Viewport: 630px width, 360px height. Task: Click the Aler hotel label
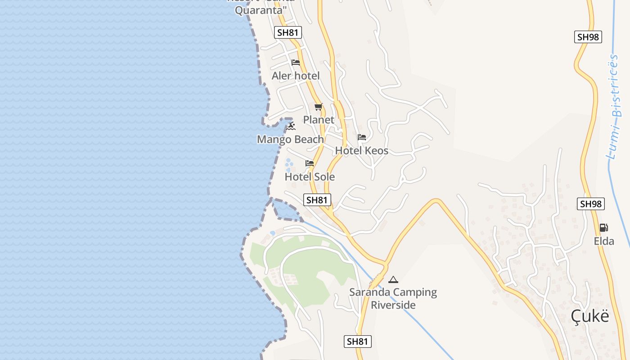click(x=296, y=76)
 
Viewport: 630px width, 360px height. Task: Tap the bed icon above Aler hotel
click(x=296, y=63)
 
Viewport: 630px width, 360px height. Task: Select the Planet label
click(x=319, y=120)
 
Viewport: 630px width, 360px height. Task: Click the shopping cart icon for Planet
click(x=319, y=107)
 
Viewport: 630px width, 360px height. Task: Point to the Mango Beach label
click(x=290, y=139)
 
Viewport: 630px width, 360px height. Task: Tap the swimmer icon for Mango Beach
click(x=291, y=126)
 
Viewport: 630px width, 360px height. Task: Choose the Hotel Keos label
click(x=361, y=151)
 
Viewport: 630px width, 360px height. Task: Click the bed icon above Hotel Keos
click(x=362, y=137)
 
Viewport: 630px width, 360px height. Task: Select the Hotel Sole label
click(x=310, y=177)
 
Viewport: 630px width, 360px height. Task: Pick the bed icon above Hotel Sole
click(x=310, y=163)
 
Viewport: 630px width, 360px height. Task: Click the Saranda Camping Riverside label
click(x=393, y=298)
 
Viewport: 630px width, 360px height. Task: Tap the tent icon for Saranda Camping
click(x=393, y=279)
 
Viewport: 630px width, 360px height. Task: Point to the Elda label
click(x=604, y=241)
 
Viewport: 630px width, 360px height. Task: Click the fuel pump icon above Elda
click(x=604, y=228)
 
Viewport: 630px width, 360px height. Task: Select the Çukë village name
click(x=590, y=316)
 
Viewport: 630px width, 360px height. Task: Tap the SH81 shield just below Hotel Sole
click(x=317, y=200)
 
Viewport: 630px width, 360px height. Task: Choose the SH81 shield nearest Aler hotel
click(x=288, y=32)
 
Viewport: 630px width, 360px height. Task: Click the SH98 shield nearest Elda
click(x=591, y=204)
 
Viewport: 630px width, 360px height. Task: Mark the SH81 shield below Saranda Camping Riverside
click(x=358, y=342)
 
